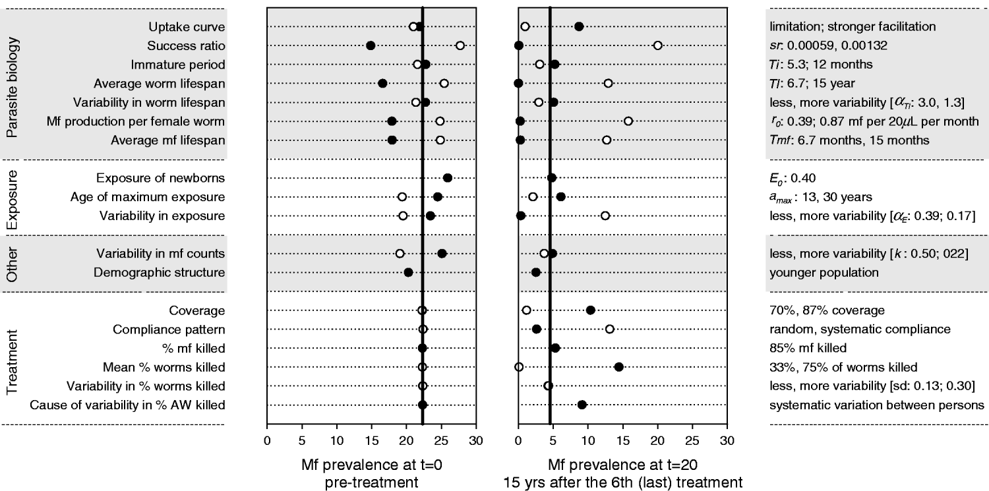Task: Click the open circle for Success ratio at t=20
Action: [x=657, y=45]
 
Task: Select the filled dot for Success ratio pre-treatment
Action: [x=371, y=45]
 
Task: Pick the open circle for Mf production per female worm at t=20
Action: [x=628, y=121]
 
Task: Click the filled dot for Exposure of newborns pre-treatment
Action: [x=448, y=178]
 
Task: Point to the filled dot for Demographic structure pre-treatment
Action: [x=408, y=272]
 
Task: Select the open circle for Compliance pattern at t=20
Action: [x=609, y=329]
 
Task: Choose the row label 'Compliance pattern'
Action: [x=176, y=329]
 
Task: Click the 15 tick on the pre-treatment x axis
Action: [x=372, y=438]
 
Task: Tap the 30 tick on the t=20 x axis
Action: [x=727, y=438]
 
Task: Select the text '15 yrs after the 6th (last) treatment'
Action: [x=622, y=482]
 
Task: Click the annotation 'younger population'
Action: [x=816, y=272]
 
